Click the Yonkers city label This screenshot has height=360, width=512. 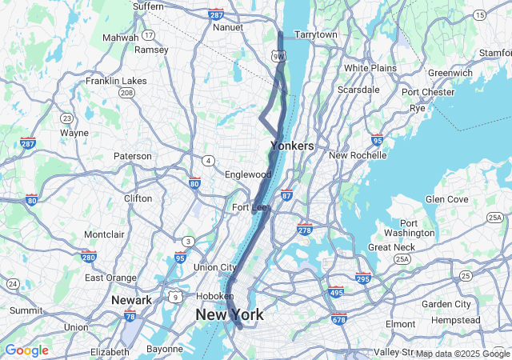pos(292,146)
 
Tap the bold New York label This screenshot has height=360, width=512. pos(229,315)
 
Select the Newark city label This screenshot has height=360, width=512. pos(132,300)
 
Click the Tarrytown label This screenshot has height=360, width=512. pos(316,35)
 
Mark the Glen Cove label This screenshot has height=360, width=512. pos(446,199)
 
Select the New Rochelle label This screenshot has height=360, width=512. pos(358,155)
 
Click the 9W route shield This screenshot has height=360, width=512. pos(278,56)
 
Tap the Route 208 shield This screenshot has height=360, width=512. pos(126,93)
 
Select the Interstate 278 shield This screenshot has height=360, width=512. pos(304,230)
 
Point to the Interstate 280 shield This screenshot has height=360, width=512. pos(89,257)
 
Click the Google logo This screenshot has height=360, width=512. pos(26,350)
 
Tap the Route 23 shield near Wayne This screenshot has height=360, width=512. pos(66,117)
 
